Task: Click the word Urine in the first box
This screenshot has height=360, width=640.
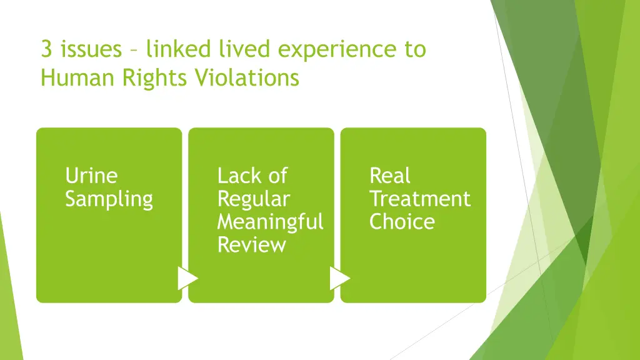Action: [x=91, y=176]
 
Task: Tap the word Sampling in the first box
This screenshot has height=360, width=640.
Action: [x=109, y=199]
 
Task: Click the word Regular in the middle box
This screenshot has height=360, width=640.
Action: [x=254, y=199]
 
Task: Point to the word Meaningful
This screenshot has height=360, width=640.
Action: [x=270, y=222]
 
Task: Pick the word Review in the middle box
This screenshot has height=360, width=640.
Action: [x=251, y=245]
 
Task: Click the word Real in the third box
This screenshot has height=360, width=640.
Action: [x=390, y=176]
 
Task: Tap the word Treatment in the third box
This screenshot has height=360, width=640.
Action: [x=419, y=199]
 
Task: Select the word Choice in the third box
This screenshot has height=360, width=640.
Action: [x=402, y=222]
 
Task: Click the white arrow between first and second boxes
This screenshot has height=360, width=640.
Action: [x=187, y=278]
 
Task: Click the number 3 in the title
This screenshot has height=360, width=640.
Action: [x=46, y=49]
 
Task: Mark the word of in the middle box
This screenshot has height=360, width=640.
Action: [x=277, y=176]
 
